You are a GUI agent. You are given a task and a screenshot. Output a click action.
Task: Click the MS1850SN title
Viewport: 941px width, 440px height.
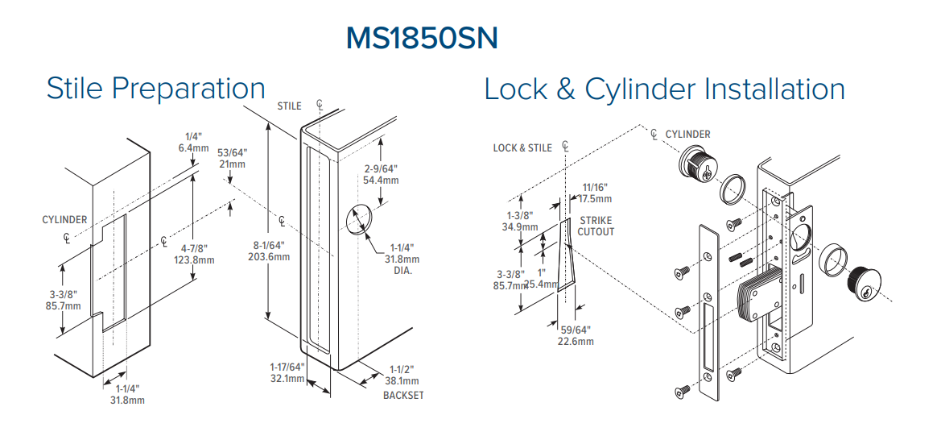pos(422,39)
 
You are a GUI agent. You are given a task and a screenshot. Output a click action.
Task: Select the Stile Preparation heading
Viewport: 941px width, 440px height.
pos(156,89)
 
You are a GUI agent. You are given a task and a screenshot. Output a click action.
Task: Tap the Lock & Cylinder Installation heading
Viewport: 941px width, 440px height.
pos(664,89)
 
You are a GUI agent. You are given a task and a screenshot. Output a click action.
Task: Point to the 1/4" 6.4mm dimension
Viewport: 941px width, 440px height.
pos(194,143)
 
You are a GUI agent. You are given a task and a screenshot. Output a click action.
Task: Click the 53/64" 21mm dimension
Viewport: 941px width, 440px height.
pos(232,158)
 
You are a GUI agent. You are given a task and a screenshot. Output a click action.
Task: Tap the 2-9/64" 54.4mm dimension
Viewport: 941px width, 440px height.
pos(381,175)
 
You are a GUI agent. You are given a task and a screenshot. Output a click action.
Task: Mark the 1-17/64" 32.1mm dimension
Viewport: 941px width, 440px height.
pos(287,372)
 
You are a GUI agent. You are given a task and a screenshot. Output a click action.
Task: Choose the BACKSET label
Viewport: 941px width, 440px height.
pos(403,395)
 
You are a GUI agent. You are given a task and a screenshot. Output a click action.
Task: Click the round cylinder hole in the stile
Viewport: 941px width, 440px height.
pos(360,220)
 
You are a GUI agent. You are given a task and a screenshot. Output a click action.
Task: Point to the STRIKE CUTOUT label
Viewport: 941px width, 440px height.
pos(596,226)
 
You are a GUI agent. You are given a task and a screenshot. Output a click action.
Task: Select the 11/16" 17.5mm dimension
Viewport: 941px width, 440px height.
pos(596,193)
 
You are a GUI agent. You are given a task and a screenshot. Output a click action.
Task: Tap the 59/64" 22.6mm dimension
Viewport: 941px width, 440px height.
pos(576,335)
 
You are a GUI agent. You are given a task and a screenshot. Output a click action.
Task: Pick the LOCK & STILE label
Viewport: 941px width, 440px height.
pos(522,147)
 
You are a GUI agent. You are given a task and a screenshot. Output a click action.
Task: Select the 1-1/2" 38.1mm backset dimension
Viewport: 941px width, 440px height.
pos(402,375)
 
